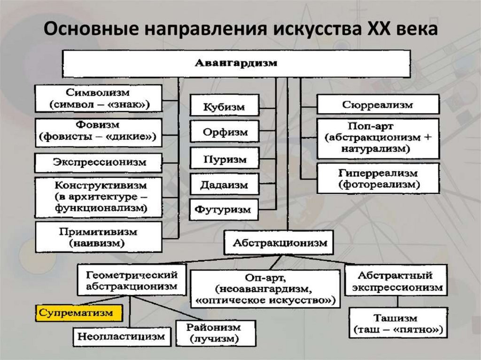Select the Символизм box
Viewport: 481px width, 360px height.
98,98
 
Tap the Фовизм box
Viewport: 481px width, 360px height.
98,132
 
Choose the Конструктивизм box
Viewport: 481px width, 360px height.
98,197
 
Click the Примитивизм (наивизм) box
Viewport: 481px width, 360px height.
98,237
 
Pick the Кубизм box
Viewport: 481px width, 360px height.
224,107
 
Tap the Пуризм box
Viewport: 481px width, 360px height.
224,159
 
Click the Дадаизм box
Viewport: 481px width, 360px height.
224,184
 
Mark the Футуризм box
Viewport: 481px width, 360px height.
224,209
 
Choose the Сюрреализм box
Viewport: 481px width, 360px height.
378,104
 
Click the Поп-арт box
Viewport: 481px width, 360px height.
378,138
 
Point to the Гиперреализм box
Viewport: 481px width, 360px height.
378,178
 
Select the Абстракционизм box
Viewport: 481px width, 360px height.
279,243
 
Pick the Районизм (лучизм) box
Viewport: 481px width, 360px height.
216,332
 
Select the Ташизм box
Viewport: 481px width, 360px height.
397,323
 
